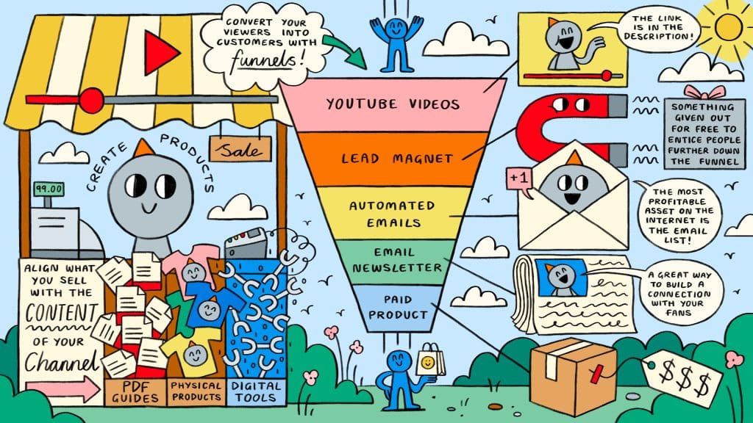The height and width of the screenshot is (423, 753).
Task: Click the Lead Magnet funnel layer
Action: [x=396, y=158]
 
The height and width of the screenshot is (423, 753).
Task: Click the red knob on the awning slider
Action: [x=91, y=100]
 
